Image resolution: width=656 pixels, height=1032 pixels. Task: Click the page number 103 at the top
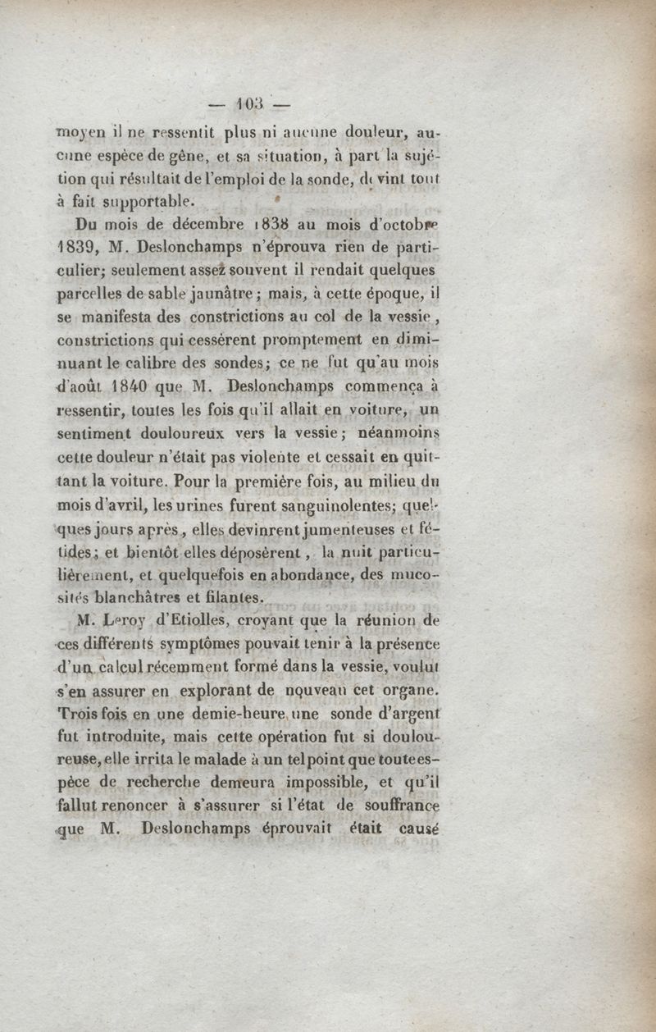(x=248, y=105)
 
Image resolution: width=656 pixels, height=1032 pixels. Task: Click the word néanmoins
(x=400, y=432)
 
